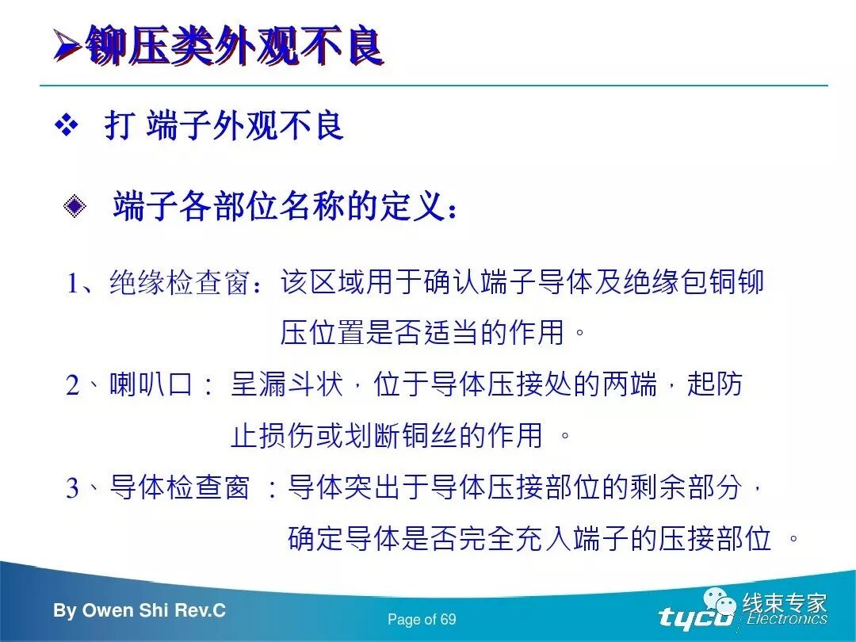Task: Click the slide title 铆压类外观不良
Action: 234,47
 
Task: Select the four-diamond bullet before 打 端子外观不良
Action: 67,126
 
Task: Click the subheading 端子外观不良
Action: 245,126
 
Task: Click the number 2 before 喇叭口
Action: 73,386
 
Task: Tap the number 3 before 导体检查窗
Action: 73,488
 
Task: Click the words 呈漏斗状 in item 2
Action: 287,385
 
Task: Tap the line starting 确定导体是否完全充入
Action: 529,538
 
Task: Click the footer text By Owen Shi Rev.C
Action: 139,611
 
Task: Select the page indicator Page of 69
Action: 422,620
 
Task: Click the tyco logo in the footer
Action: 695,617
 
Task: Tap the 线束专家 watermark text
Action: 784,602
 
